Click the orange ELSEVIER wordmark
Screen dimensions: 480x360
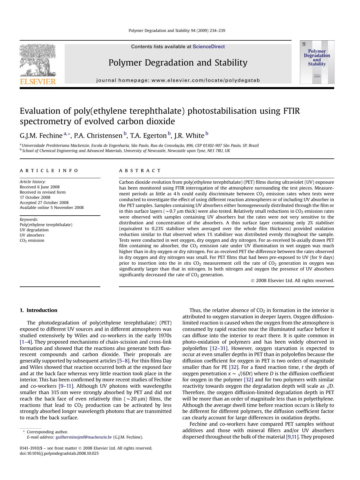pos(38,82)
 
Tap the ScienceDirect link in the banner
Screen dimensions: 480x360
pos(209,47)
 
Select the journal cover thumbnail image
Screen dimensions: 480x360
pos(317,62)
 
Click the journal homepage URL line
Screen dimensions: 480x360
pos(178,80)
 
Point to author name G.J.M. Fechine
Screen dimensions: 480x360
pos(41,136)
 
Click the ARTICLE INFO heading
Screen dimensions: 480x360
pos(49,171)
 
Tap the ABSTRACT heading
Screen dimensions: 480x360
pos(140,171)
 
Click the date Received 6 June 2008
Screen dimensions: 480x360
pos(39,187)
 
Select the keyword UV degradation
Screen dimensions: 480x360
pos(34,230)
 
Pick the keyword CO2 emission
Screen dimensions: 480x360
pos(32,241)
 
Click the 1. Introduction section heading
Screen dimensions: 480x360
pos(39,310)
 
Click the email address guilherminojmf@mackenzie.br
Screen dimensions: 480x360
pos(84,437)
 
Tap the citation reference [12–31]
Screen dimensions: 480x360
pos(219,348)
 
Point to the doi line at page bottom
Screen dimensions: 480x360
pos(59,453)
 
